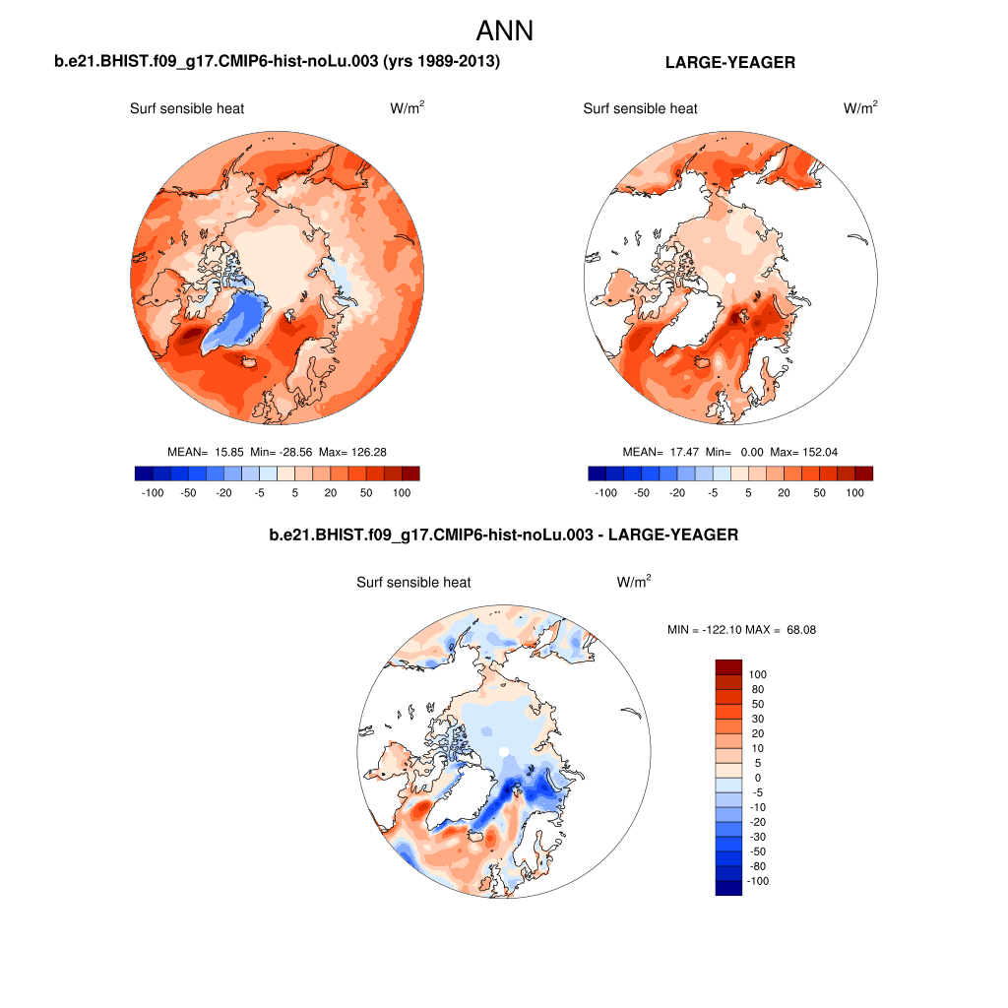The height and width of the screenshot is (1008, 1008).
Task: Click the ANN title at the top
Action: [504, 31]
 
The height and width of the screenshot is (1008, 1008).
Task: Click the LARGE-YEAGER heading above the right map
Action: [730, 62]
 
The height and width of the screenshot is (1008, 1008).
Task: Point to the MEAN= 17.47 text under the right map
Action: [658, 452]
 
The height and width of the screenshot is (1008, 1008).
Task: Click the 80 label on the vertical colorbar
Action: [757, 689]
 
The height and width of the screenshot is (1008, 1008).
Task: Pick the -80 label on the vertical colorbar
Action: [757, 866]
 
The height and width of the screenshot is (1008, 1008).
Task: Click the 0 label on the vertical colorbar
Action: [757, 778]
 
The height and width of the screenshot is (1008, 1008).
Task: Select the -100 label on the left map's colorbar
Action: [153, 492]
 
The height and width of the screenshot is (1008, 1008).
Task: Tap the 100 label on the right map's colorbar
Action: [854, 492]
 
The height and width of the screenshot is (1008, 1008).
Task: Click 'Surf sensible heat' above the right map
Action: [640, 108]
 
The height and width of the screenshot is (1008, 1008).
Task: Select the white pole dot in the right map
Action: [729, 279]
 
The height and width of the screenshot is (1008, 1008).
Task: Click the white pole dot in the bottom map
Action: [503, 752]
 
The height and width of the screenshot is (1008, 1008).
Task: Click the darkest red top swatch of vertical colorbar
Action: [727, 666]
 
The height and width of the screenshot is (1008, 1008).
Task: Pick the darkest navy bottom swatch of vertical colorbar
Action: [727, 888]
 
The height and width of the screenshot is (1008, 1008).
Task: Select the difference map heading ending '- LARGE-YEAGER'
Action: [503, 535]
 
